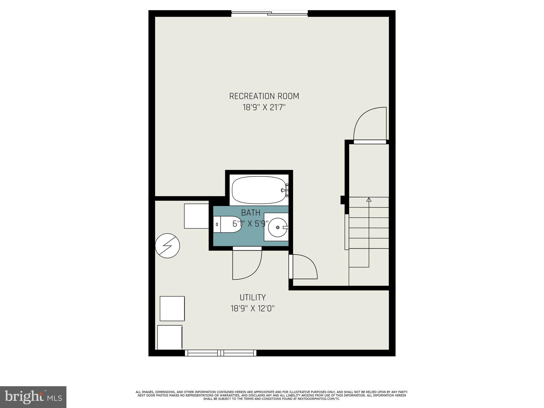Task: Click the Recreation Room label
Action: point(264,96)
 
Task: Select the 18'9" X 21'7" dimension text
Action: point(264,108)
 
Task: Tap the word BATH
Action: point(250,213)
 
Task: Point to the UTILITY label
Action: point(253,297)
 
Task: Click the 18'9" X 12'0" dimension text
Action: point(252,309)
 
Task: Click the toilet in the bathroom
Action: point(227,224)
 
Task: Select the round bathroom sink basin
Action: point(277,227)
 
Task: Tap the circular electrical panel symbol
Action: point(167,246)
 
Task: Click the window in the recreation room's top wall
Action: point(269,13)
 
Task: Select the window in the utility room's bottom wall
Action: point(220,353)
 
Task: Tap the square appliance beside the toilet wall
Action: point(196,216)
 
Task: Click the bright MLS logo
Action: point(33,397)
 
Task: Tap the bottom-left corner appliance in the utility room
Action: point(170,337)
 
